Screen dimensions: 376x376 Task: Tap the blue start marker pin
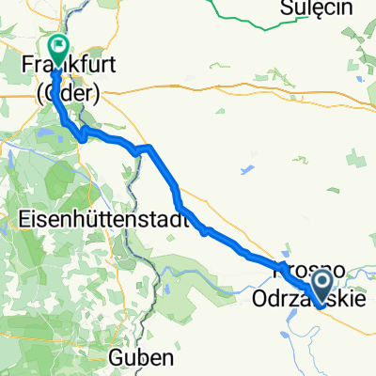[x=321, y=285]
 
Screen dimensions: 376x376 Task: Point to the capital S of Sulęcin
[x=286, y=10]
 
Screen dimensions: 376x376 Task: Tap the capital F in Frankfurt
[x=25, y=69]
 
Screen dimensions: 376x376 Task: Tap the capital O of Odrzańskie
[x=260, y=301]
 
